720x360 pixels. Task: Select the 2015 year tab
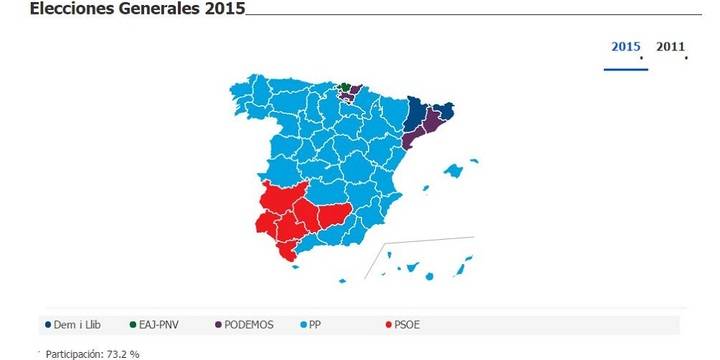coord(626,46)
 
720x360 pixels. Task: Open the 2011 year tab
coord(670,46)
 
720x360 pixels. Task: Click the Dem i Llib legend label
coord(83,325)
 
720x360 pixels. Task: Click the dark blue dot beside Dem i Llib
coord(48,325)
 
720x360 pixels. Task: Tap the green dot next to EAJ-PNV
coord(134,325)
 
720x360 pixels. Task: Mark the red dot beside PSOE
coord(388,325)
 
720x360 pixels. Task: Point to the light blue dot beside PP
coord(304,325)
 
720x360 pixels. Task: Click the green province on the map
coord(346,87)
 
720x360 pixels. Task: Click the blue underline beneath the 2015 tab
coord(626,69)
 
